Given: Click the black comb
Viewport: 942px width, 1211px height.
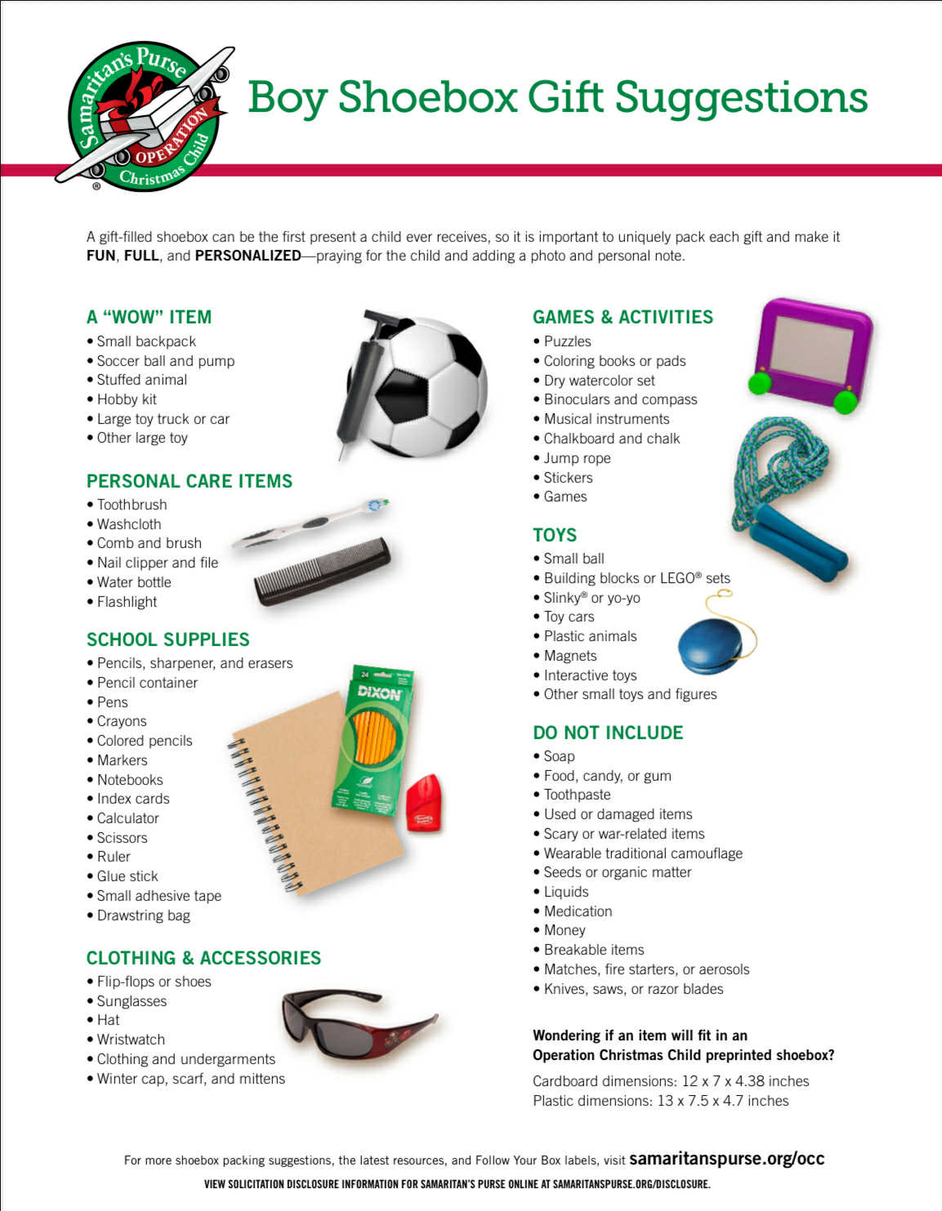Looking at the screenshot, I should pyautogui.click(x=321, y=571).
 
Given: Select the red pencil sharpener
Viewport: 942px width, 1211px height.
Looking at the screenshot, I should pyautogui.click(x=424, y=804).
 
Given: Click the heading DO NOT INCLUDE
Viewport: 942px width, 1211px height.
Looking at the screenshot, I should pyautogui.click(x=607, y=732).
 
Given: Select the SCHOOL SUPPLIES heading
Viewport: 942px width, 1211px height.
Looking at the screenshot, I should pyautogui.click(x=167, y=639).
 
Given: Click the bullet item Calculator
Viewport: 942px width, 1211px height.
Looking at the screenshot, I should pyautogui.click(x=127, y=818).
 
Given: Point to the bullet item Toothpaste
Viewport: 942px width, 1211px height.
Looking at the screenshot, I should pyautogui.click(x=577, y=795).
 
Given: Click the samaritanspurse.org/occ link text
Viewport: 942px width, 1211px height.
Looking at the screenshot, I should pyautogui.click(x=726, y=1158).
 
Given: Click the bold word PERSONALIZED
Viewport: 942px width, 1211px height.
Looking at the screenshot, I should pyautogui.click(x=248, y=256).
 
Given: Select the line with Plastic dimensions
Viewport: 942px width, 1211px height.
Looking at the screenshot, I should pyautogui.click(x=660, y=1101).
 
